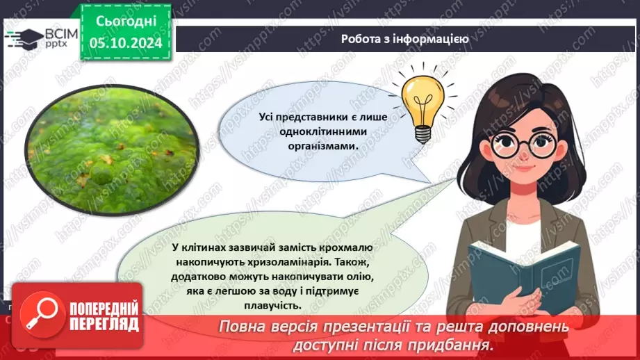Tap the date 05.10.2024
[126, 42]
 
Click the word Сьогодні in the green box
[126, 22]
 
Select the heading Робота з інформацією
[405, 39]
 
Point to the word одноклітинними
[323, 131]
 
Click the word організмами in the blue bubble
[323, 146]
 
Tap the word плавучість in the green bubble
[272, 305]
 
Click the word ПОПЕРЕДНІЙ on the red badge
[104, 309]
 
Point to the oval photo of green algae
[112, 149]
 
